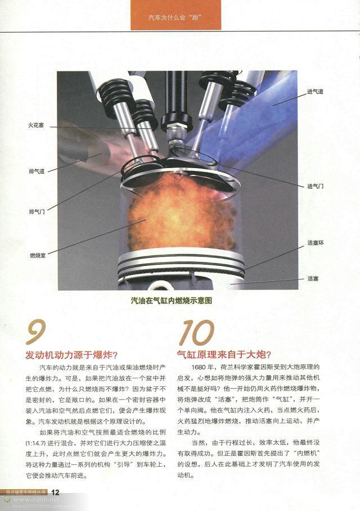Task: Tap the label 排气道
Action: coord(37,171)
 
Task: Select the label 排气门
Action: coord(37,212)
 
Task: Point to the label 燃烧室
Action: coord(38,255)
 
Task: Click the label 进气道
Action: coord(315,91)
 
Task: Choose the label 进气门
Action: coord(315,186)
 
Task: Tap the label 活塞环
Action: coord(316,243)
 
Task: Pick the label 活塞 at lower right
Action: coord(313,278)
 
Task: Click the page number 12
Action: coord(55,492)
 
